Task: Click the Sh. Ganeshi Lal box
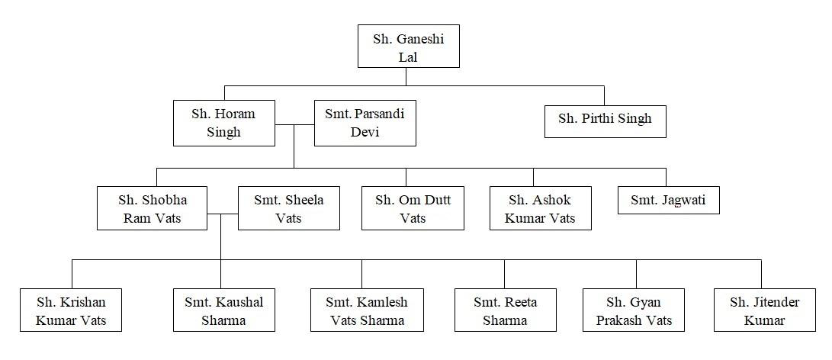coord(409,47)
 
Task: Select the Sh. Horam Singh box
coord(224,123)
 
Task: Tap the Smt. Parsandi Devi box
coord(365,123)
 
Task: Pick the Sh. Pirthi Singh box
coord(605,119)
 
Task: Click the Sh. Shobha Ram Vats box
coord(153,208)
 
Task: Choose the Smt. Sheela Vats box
coord(289,208)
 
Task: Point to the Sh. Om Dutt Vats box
coord(413,208)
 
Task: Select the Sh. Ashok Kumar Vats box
coord(540,208)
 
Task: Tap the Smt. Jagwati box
coord(669,200)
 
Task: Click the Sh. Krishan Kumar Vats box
coord(71,310)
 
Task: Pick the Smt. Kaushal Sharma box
coord(224,310)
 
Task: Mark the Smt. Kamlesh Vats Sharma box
coord(367,310)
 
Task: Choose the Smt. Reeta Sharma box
coord(505,310)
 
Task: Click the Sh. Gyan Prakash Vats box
coord(634,310)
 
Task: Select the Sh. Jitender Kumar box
coord(765,310)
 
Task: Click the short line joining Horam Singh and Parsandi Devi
coord(294,125)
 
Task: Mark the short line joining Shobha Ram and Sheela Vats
coord(223,214)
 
